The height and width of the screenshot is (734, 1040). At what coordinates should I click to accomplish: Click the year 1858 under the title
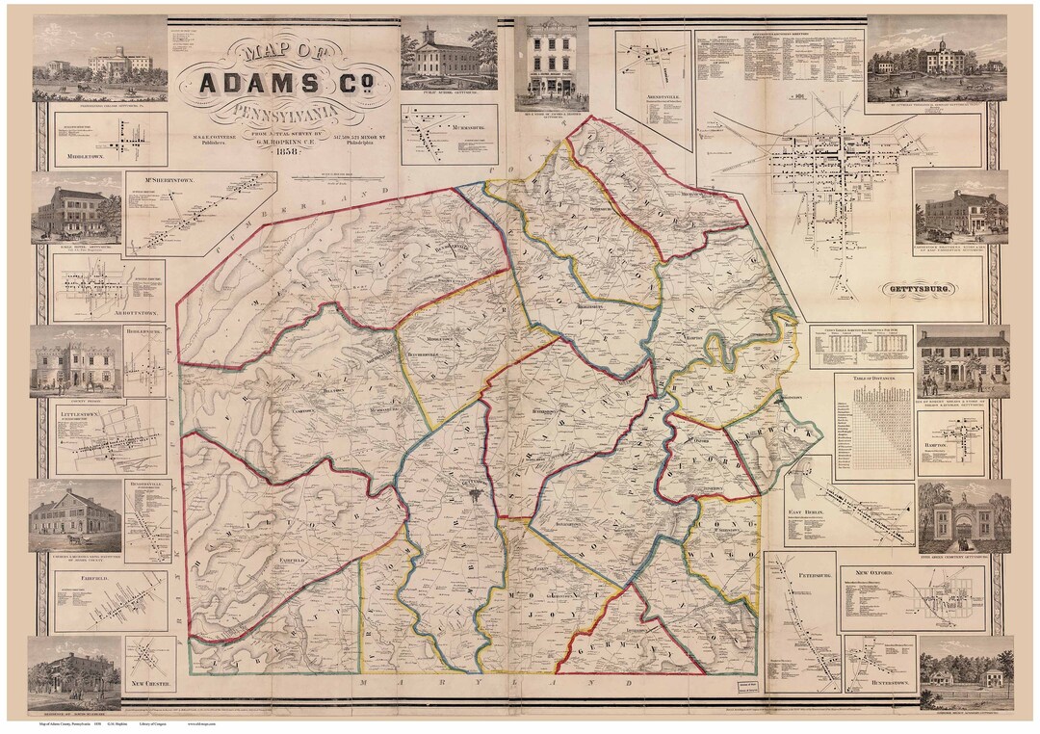[286, 151]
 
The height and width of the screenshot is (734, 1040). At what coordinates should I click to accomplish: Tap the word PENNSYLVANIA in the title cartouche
[286, 115]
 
